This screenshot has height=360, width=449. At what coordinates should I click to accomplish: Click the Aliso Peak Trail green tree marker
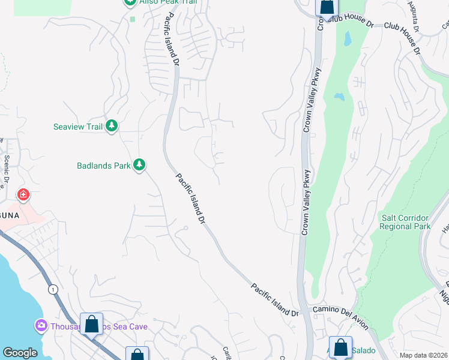pyautogui.click(x=130, y=2)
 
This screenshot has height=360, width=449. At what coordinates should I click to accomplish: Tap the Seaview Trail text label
pyautogui.click(x=77, y=126)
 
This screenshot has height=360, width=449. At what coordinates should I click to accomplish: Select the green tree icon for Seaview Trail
pyautogui.click(x=111, y=126)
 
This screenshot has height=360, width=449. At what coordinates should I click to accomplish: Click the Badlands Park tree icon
pyautogui.click(x=139, y=165)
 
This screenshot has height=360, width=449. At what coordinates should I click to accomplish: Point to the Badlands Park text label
pyautogui.click(x=103, y=165)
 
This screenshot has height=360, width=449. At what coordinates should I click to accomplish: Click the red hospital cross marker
pyautogui.click(x=23, y=196)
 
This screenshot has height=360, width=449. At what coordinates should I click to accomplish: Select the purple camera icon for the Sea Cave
pyautogui.click(x=41, y=326)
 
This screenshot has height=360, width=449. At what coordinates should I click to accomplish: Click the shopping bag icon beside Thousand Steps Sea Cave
pyautogui.click(x=91, y=324)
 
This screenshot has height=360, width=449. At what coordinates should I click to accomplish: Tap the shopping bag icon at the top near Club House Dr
pyautogui.click(x=327, y=7)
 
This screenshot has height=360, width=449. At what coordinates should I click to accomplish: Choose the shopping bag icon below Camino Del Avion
pyautogui.click(x=340, y=347)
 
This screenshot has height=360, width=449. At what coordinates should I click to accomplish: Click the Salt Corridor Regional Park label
pyautogui.click(x=405, y=222)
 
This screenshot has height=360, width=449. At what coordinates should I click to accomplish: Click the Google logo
pyautogui.click(x=20, y=353)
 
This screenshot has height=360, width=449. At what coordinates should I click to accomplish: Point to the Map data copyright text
pyautogui.click(x=423, y=355)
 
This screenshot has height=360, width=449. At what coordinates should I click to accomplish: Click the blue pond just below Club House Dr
pyautogui.click(x=347, y=38)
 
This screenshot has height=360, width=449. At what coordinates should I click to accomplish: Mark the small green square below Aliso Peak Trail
pyautogui.click(x=132, y=19)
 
